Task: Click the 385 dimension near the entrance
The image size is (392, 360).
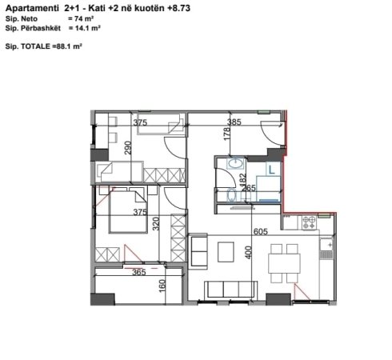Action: click(234, 122)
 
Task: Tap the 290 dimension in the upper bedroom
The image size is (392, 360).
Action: click(128, 148)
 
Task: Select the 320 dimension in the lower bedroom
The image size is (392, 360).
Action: click(156, 223)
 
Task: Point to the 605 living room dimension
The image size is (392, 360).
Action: click(260, 231)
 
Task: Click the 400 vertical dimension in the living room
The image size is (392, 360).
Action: click(248, 252)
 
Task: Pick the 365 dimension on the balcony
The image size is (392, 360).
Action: click(139, 272)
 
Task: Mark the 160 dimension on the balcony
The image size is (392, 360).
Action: click(162, 286)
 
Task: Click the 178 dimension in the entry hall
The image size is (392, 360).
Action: click(226, 134)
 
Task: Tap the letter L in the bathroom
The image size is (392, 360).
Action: click(271, 170)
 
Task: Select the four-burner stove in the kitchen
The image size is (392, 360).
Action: click(309, 222)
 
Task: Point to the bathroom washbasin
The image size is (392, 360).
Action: click(235, 163)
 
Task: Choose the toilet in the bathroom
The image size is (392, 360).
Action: click(232, 195)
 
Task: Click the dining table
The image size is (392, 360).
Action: click(284, 263)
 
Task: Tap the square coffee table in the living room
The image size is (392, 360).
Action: click(226, 252)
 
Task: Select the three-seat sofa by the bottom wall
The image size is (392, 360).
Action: click(231, 290)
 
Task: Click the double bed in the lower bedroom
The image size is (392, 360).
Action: click(128, 212)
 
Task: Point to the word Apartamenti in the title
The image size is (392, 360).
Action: click(32, 8)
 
